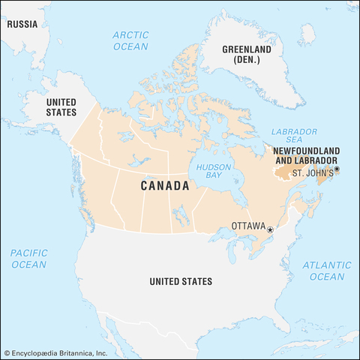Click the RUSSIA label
click(22, 22)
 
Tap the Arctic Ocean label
click(130, 40)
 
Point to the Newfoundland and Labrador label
click(304, 156)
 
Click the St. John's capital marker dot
click(337, 169)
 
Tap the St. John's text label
click(311, 173)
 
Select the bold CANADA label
click(165, 186)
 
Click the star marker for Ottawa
click(270, 229)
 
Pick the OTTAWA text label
click(248, 225)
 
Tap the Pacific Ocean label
click(28, 259)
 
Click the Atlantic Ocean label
click(327, 271)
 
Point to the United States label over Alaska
click(61, 106)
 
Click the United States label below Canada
click(180, 281)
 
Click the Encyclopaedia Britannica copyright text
click(55, 352)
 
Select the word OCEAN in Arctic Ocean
click(130, 46)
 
